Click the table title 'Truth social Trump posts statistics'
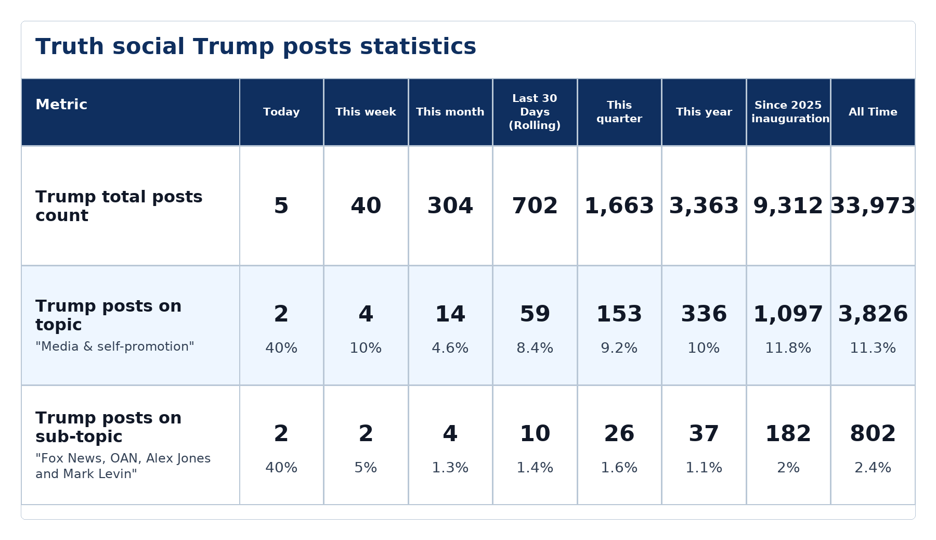(256, 47)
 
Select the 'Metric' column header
(61, 105)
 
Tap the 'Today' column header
(281, 112)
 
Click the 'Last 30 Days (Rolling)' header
(535, 112)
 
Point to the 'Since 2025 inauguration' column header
(788, 112)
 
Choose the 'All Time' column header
(873, 112)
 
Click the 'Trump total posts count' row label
(119, 206)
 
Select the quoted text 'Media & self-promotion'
(115, 346)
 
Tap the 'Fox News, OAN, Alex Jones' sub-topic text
(123, 458)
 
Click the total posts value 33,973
(873, 206)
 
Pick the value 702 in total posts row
(535, 206)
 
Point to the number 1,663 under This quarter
(619, 206)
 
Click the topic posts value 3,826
(873, 314)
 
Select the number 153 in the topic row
(619, 314)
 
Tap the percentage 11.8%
(788, 348)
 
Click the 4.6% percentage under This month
(450, 348)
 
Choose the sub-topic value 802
(873, 434)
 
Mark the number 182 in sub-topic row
(788, 434)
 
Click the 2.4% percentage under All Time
(873, 468)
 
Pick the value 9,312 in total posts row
(788, 206)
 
